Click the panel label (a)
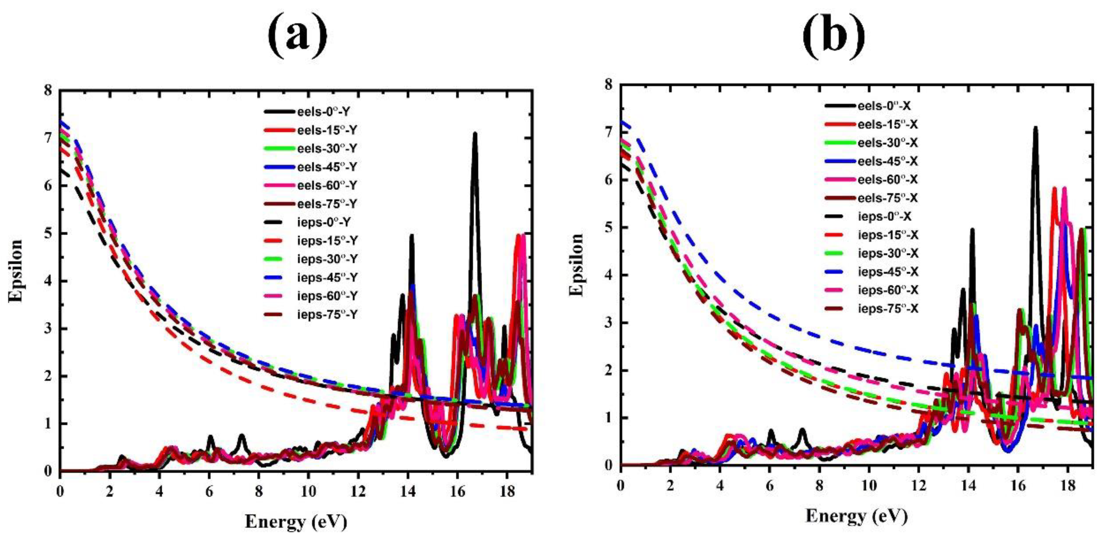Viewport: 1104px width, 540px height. (297, 38)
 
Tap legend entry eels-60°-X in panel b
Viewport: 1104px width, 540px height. (887, 180)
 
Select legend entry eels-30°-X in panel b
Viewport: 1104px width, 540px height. (887, 143)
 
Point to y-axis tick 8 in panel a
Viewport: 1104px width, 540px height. (48, 90)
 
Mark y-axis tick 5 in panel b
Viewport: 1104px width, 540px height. (609, 227)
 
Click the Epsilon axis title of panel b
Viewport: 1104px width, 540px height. (577, 265)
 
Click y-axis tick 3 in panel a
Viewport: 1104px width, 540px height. (48, 329)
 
